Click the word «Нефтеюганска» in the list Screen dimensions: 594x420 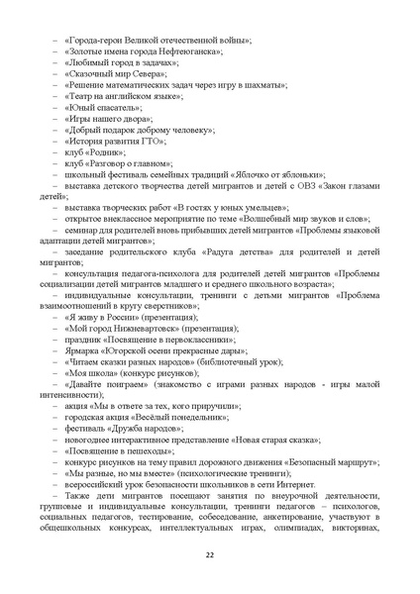pos(187,49)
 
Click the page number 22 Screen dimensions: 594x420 pos(210,552)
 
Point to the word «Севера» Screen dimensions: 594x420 pos(155,73)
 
